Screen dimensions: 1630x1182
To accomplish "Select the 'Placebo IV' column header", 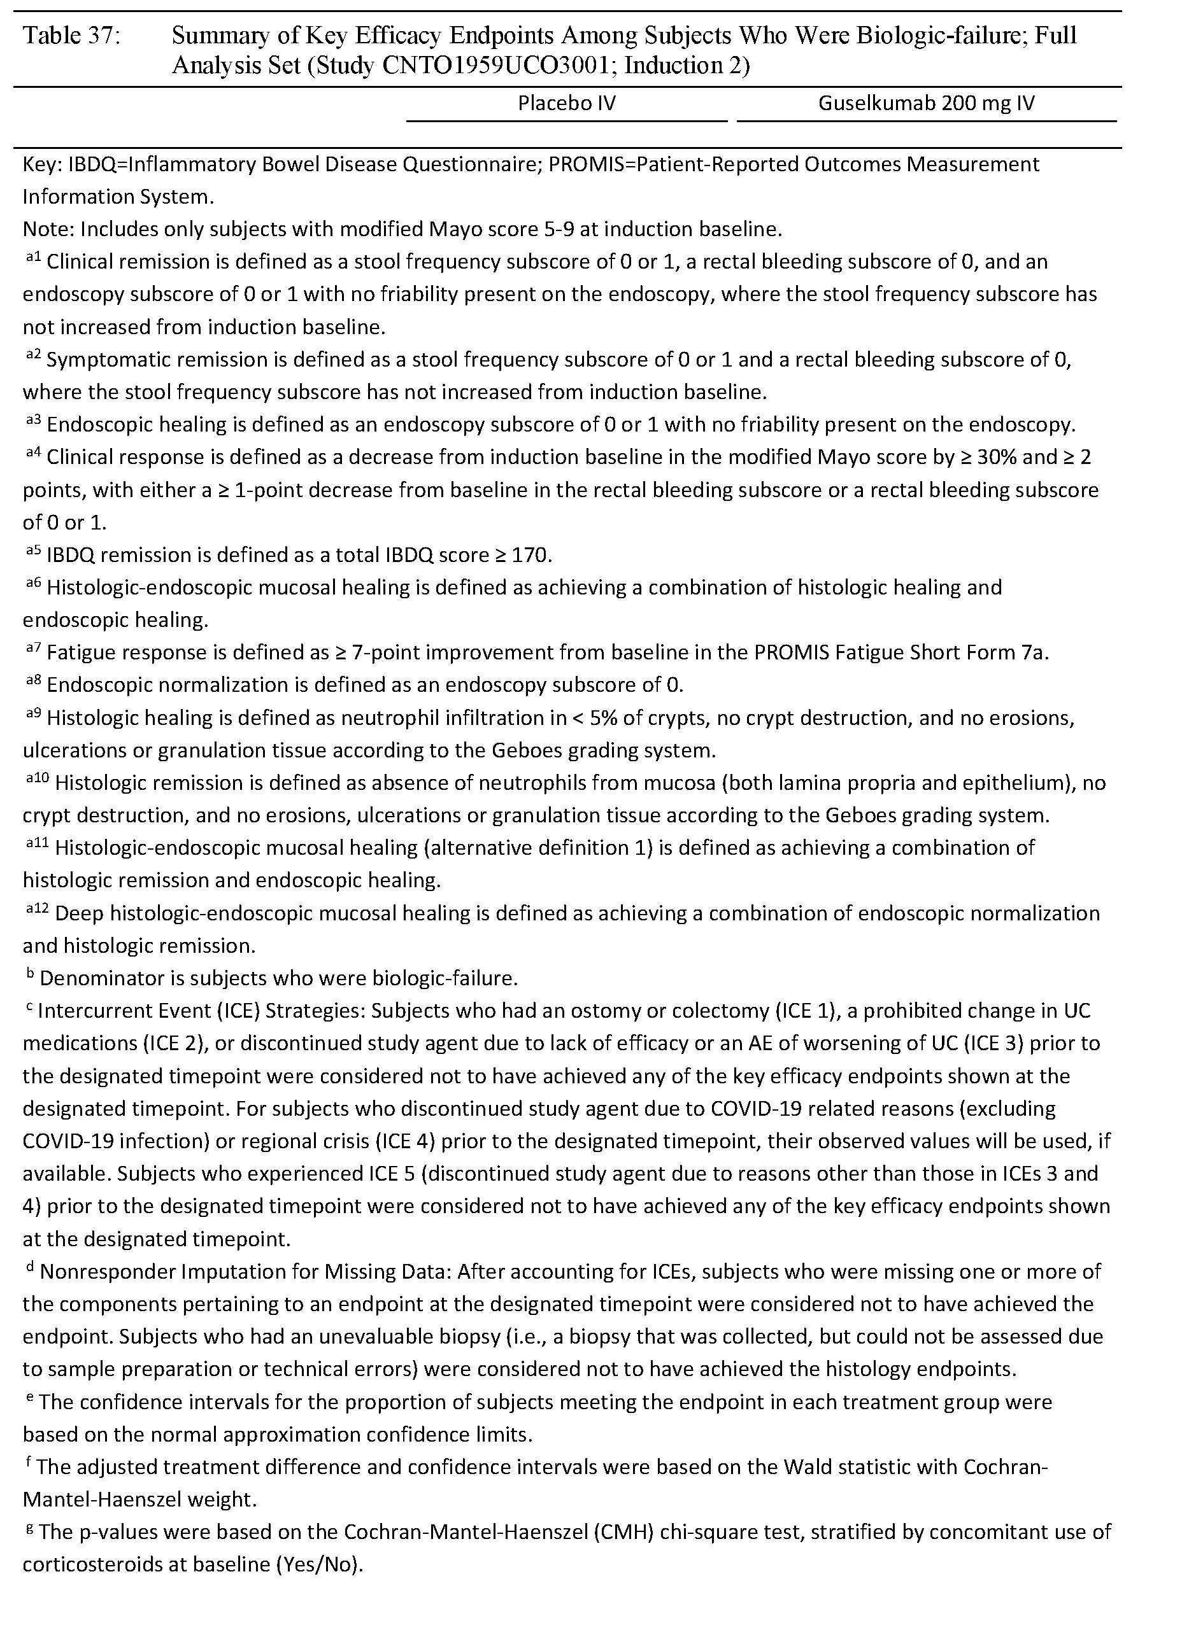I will [567, 104].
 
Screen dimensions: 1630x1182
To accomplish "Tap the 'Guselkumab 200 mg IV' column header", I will [926, 104].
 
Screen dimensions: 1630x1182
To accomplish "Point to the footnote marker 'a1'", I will [32, 258].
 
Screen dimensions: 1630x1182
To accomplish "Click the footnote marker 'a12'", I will [37, 909].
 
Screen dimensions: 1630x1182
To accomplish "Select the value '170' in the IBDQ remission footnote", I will [528, 556].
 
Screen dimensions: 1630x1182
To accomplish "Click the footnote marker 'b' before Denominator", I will [30, 974].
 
